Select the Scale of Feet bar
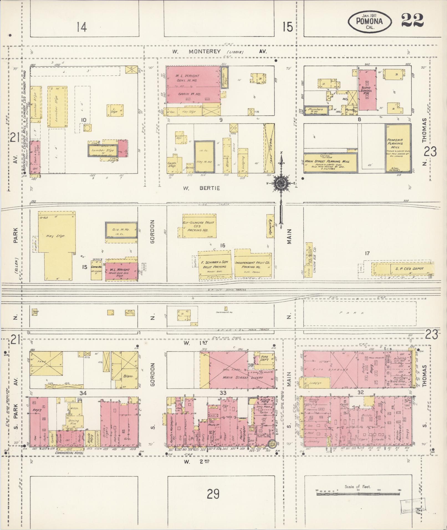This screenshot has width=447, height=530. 358,490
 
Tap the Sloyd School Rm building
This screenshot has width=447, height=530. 367,90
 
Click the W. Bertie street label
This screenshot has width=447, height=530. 201,188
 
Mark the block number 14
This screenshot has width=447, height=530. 82,27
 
